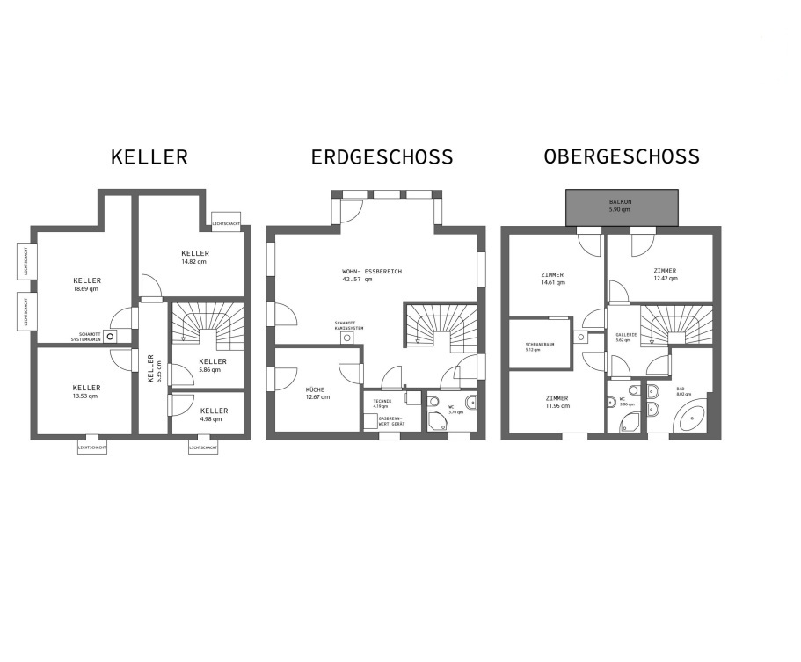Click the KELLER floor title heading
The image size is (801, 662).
(149, 157)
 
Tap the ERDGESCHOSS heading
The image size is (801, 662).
(382, 157)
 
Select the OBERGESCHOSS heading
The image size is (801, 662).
(622, 156)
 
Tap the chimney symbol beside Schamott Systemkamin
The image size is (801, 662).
(110, 335)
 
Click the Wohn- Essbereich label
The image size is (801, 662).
(372, 276)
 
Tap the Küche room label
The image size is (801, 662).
(317, 393)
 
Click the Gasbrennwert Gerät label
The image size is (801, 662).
(392, 422)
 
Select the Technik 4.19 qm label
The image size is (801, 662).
(382, 404)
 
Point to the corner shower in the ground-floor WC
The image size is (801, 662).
(435, 423)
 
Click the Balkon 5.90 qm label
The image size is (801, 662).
(620, 206)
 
